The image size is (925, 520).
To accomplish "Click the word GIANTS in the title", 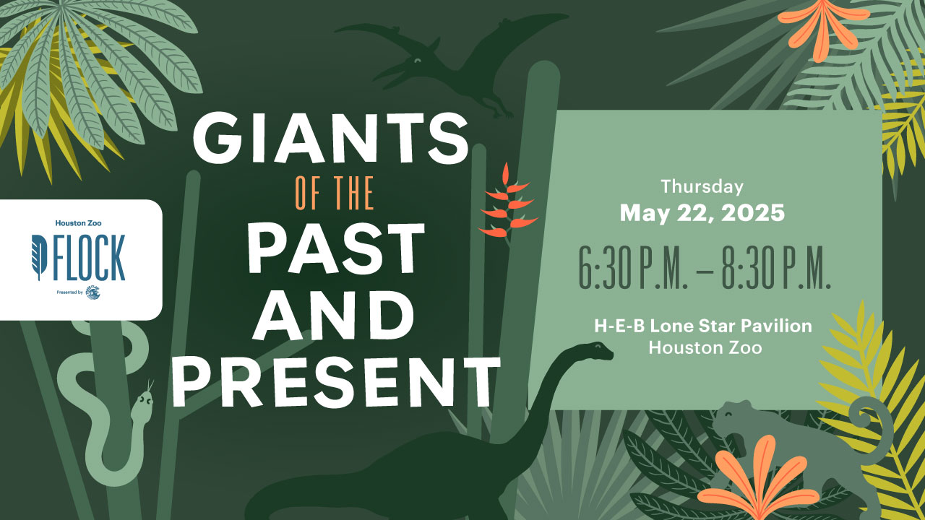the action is click(x=330, y=137).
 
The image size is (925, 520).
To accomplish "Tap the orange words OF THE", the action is click(x=335, y=193).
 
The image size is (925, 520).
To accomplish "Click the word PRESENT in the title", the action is click(x=336, y=382).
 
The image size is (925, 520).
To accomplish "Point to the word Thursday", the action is click(x=702, y=186).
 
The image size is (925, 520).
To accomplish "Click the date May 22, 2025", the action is click(x=702, y=213).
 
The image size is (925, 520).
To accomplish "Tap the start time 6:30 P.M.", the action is click(x=632, y=267).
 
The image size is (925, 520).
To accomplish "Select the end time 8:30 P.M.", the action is click(x=776, y=267).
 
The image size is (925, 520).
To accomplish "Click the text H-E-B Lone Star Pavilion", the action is click(x=703, y=326).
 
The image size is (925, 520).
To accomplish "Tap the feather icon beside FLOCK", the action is click(x=40, y=256).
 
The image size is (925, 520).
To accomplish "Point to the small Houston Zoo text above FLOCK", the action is click(x=79, y=223).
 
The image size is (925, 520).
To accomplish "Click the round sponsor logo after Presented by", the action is click(x=93, y=292).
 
